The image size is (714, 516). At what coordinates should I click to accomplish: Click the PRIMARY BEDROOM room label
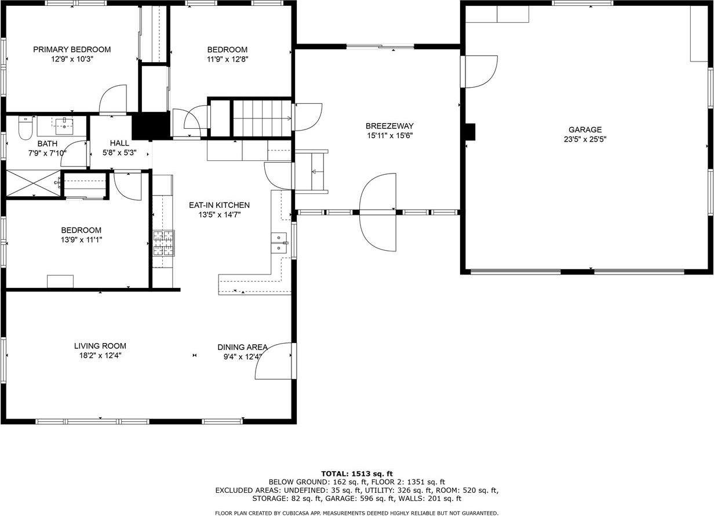point(71,49)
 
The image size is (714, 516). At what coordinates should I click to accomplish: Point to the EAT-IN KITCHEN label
point(219,205)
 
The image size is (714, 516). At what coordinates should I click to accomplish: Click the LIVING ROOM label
point(100,345)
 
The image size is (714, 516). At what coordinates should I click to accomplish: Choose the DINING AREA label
point(242,347)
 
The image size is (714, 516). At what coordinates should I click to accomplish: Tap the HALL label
point(119,143)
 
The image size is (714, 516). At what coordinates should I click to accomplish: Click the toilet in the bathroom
point(25,128)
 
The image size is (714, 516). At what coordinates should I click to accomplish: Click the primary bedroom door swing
point(114,99)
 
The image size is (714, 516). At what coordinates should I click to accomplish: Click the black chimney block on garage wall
point(471,132)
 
